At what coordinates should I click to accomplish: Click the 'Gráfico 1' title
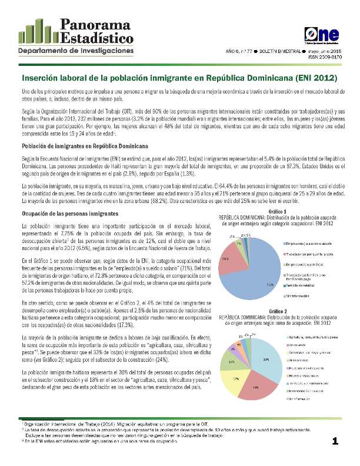click(x=277, y=211)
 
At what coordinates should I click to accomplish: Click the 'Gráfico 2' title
click(x=277, y=310)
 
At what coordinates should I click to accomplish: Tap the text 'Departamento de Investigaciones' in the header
click(x=72, y=52)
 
